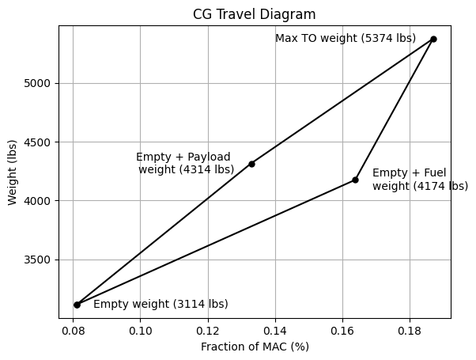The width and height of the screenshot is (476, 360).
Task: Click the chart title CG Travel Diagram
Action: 254,13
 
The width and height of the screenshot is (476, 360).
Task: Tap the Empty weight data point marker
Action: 77,305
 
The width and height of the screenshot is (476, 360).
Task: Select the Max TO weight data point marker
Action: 433,39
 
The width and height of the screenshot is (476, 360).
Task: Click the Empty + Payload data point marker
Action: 251,164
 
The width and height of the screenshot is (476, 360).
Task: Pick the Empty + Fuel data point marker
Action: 355,180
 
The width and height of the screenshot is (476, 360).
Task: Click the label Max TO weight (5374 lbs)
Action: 346,38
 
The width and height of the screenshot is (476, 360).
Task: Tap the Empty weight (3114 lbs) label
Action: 161,304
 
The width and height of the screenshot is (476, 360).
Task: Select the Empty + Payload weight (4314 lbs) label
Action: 185,163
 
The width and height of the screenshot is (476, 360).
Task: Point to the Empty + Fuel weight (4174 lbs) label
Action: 420,180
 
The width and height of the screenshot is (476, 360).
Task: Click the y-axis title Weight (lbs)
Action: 13,172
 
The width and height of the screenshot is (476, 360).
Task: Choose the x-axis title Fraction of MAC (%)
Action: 255,347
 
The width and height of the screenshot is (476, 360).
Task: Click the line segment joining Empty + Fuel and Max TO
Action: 395,109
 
